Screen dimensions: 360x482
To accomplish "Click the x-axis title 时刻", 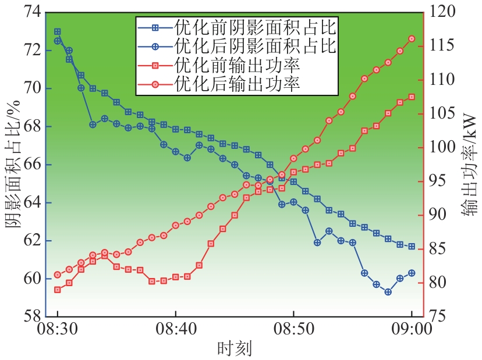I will (234, 348).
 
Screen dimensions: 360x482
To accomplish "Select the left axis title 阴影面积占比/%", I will (12, 165).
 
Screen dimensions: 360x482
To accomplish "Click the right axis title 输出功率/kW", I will (469, 165).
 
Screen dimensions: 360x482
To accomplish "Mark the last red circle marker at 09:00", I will (412, 38).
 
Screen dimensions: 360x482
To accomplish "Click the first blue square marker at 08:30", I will (57, 31).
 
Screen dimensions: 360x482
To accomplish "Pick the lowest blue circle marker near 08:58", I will (388, 292).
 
